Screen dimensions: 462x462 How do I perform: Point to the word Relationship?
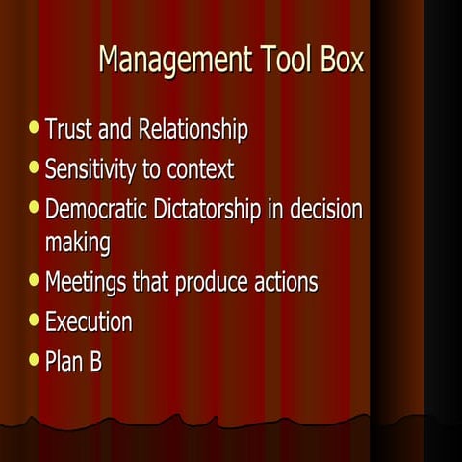(x=192, y=129)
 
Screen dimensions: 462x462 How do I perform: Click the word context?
(x=200, y=171)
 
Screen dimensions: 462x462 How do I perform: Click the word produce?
(x=212, y=284)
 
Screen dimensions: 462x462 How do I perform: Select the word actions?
(x=287, y=283)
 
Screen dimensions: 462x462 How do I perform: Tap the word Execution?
(x=89, y=321)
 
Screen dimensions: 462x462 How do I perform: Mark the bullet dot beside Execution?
(x=35, y=319)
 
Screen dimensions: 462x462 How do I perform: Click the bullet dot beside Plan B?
(x=35, y=360)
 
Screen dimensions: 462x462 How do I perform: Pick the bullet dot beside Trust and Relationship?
(x=35, y=126)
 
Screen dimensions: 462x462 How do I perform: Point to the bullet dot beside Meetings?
(x=35, y=280)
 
